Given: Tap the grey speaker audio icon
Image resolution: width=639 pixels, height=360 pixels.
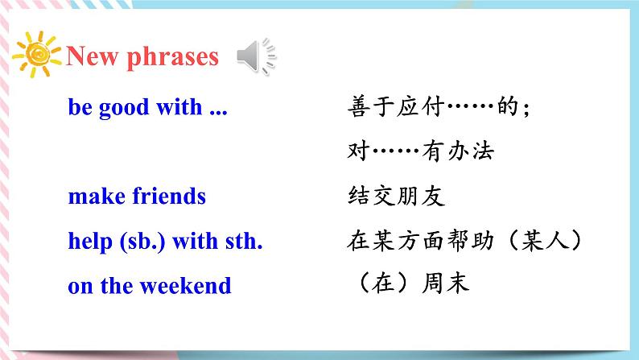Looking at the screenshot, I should tap(256, 56).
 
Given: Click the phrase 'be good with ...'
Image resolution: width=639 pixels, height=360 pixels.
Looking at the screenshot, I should tap(148, 108).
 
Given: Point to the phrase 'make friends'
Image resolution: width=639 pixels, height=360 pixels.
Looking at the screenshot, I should tap(137, 196).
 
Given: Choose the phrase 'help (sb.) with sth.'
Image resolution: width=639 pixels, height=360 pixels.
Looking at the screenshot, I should tap(166, 240).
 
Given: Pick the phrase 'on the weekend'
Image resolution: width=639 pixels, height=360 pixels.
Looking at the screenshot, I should tap(150, 285).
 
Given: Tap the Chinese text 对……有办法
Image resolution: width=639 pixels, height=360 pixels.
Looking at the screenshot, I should tap(421, 151).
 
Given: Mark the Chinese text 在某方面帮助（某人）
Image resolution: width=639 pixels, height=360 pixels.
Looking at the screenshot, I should tap(464, 240).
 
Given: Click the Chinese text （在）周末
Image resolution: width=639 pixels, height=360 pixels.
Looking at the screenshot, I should tap(409, 284).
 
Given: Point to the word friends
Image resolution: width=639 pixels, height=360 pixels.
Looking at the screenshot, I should tap(168, 196).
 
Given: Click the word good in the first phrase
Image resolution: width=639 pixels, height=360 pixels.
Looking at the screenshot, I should tap(123, 108).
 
